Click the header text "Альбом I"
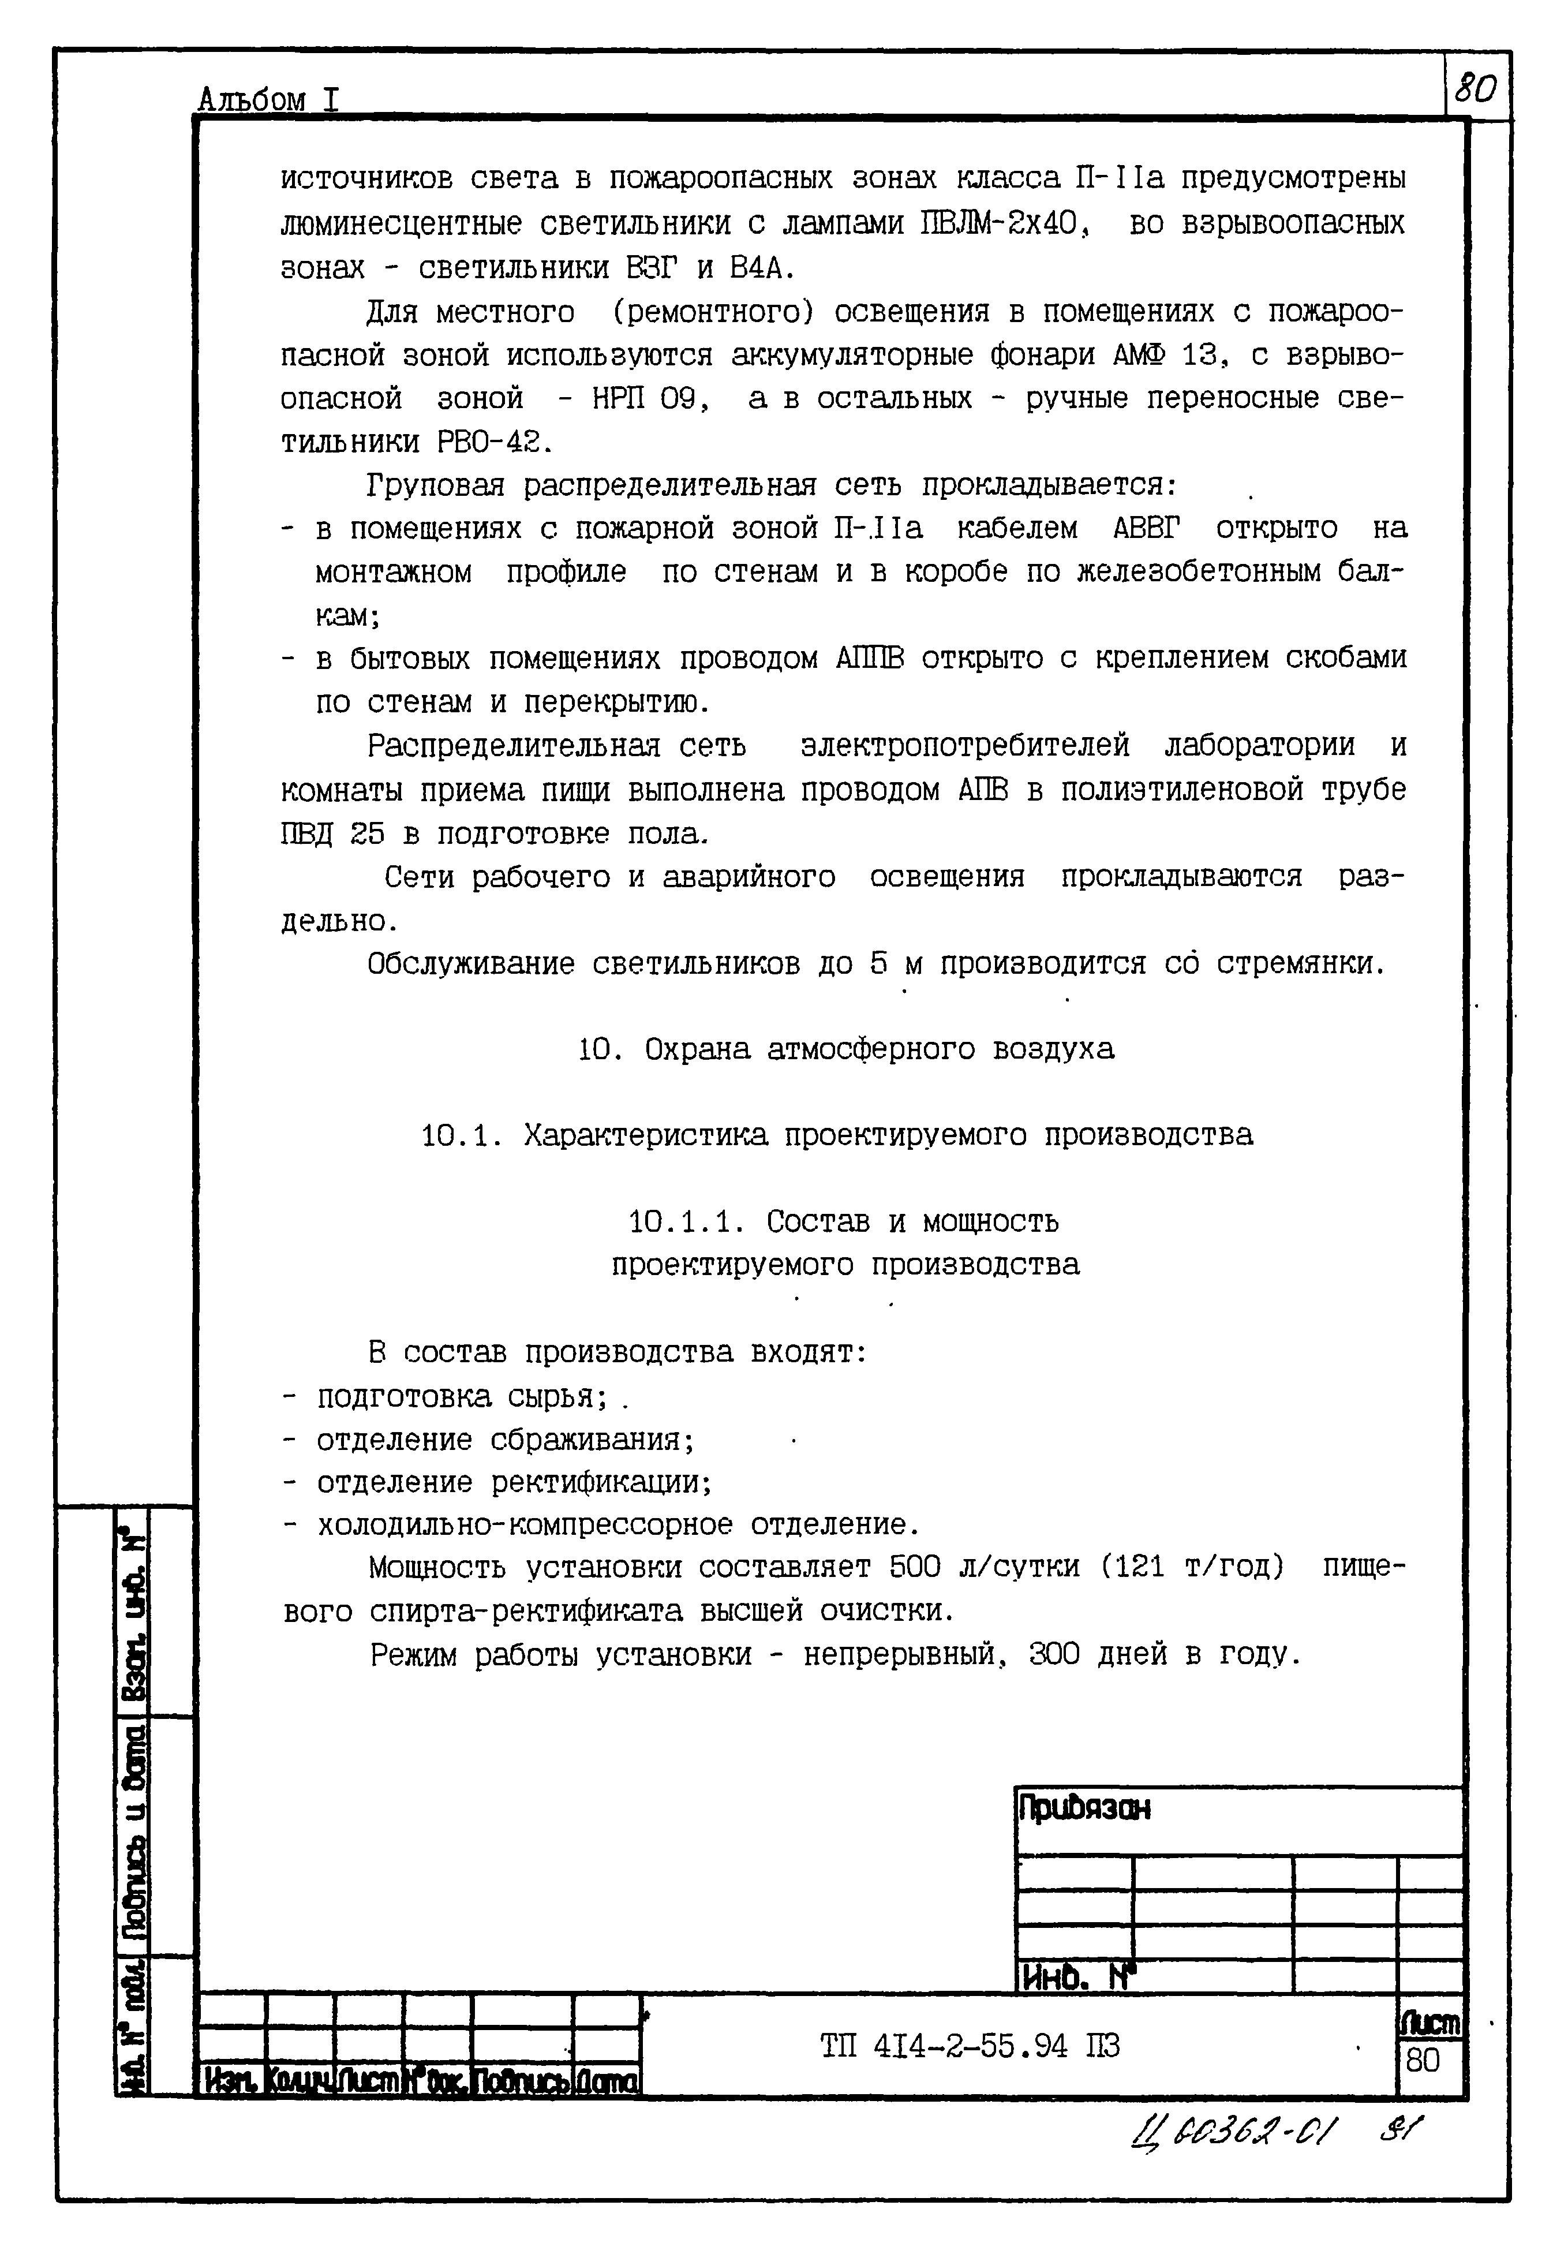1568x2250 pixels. tap(268, 99)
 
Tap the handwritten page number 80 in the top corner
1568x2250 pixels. tap(1476, 89)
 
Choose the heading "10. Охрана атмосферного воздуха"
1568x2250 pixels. tap(845, 1049)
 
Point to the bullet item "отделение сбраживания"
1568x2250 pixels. tap(505, 1440)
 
